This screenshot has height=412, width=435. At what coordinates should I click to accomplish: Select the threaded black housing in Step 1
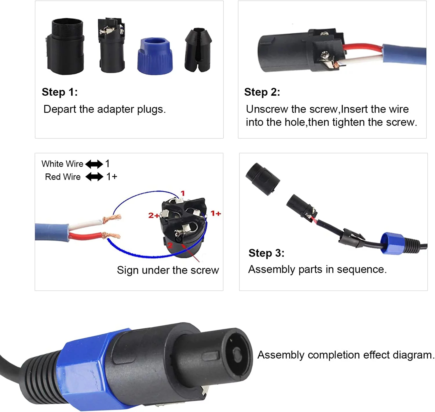point(66,46)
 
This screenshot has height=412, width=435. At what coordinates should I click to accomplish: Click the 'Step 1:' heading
point(60,92)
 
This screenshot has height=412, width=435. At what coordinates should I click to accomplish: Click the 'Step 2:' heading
point(262,92)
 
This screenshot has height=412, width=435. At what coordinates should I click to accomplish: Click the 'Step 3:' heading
point(267,253)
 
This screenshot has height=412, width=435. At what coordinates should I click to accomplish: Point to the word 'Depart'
point(60,109)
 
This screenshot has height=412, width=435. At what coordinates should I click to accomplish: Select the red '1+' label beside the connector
point(215,213)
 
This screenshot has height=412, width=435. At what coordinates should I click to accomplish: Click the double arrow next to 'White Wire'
point(94,164)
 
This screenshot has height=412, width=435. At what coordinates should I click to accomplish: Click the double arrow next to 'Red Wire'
point(94,177)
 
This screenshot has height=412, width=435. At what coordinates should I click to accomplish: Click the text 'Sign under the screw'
point(168,270)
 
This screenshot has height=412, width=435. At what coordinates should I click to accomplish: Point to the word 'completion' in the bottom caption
point(333,355)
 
